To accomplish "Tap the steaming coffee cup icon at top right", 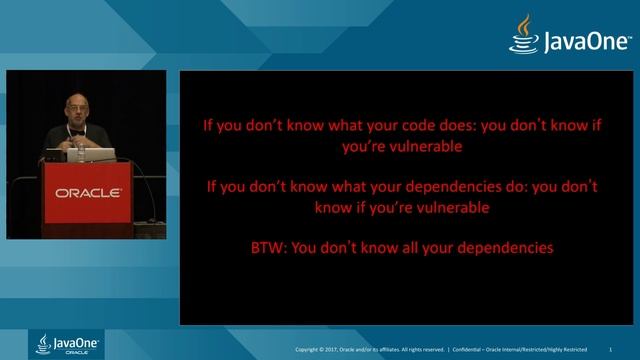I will point(522,34).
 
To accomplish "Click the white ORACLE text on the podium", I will point(88,192).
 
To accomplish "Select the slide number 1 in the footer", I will point(623,349).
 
